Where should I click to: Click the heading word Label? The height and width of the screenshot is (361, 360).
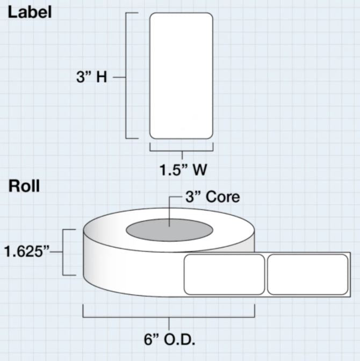coord(30,12)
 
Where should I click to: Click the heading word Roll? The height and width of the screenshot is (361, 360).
coord(24,186)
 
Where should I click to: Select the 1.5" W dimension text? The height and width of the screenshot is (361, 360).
coord(183,170)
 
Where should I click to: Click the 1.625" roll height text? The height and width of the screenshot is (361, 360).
coord(30,251)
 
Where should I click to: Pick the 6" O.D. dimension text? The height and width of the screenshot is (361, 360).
coord(169,340)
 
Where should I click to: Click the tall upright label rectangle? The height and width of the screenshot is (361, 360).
coord(181,76)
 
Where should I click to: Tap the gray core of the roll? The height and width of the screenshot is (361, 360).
coord(169,230)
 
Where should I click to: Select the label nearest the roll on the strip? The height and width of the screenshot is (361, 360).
coord(224,274)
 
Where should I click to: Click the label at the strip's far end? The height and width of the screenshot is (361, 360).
coord(308,274)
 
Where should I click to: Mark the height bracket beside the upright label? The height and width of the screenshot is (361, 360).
coord(127,76)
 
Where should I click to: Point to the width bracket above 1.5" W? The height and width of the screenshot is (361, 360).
coord(181,148)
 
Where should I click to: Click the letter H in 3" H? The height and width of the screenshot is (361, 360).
coord(102,77)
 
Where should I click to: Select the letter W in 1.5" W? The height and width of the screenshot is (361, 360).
coord(199,170)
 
